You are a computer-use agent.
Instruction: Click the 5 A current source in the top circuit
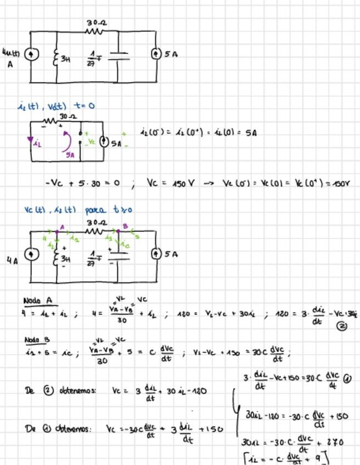pyautogui.click(x=156, y=54)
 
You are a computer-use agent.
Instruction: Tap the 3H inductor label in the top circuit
pyautogui.click(x=65, y=59)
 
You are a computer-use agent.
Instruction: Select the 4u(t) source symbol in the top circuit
pyautogui.click(x=31, y=54)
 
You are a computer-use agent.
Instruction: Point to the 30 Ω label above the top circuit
pyautogui.click(x=96, y=23)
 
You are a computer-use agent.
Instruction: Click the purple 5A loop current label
pyautogui.click(x=70, y=155)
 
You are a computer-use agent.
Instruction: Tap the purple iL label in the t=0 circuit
pyautogui.click(x=37, y=144)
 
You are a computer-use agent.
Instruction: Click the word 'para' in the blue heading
pyautogui.click(x=97, y=209)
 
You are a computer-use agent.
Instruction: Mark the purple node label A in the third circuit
pyautogui.click(x=62, y=226)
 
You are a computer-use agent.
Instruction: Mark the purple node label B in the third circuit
pyautogui.click(x=125, y=226)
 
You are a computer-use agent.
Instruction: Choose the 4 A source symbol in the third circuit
pyautogui.click(x=31, y=254)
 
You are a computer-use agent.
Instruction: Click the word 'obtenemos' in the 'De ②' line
pyautogui.click(x=77, y=390)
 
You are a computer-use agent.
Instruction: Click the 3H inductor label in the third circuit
pyautogui.click(x=65, y=258)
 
